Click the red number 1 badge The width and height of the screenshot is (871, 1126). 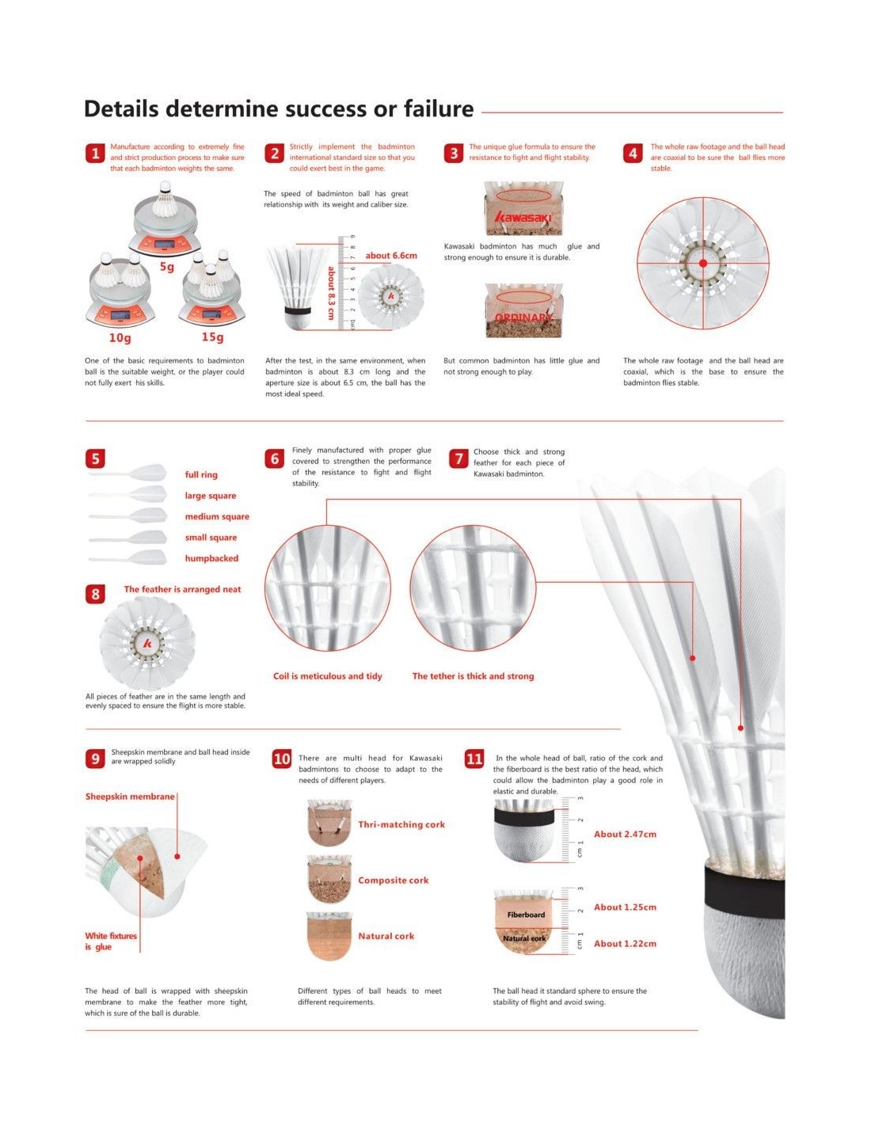[x=95, y=154]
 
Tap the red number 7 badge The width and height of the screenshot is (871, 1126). [x=458, y=458]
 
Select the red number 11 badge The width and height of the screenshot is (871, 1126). [x=474, y=759]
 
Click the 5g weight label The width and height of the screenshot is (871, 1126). [x=167, y=268]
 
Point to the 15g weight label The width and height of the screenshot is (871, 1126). [x=212, y=337]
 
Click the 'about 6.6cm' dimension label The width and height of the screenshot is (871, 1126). [x=391, y=256]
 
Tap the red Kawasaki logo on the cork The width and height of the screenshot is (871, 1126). [x=523, y=217]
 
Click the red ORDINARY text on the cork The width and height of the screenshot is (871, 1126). [x=523, y=318]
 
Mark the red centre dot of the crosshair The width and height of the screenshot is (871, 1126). [x=702, y=263]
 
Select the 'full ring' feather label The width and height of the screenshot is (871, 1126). [x=201, y=474]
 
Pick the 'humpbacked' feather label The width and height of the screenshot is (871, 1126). [x=211, y=558]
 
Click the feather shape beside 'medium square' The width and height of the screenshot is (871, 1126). [x=128, y=515]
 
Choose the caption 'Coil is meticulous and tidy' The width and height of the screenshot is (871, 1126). [x=328, y=676]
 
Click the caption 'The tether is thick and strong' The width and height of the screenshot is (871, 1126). [x=473, y=676]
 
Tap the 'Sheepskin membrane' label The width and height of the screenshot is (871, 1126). [x=130, y=797]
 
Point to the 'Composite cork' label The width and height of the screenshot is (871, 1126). [x=394, y=881]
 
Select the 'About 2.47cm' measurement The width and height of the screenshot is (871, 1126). [x=625, y=835]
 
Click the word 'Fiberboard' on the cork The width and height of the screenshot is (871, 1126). [x=526, y=915]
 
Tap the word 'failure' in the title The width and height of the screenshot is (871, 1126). [x=439, y=108]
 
